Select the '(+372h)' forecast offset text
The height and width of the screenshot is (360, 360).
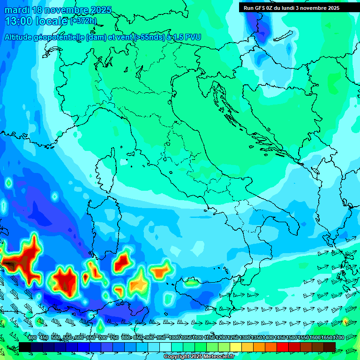[x=83, y=21]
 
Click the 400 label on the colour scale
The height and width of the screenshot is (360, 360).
[x=32, y=338]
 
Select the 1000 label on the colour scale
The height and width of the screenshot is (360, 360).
[x=174, y=338]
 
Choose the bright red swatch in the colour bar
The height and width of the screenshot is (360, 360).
[x=283, y=347]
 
